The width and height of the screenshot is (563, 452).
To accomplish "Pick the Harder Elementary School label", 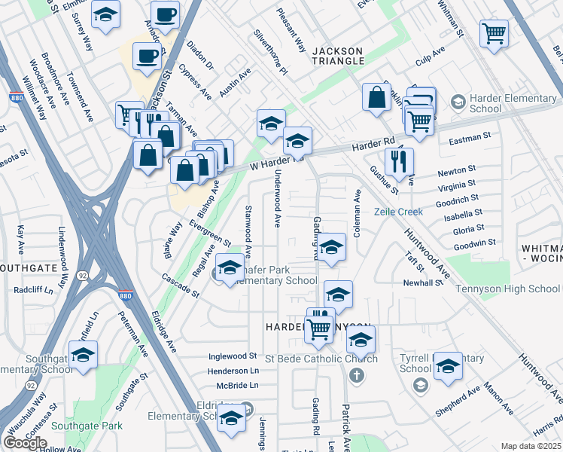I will tap(485, 104).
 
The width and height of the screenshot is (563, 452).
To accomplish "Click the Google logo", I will tap(25, 444).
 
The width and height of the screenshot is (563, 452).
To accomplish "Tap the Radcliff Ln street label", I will tap(32, 289).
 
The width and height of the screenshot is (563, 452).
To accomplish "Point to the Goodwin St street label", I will tap(475, 243).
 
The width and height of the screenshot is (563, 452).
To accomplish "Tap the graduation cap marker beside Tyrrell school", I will tap(448, 365).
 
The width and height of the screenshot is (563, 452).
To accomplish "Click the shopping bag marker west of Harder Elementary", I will tap(376, 97).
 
